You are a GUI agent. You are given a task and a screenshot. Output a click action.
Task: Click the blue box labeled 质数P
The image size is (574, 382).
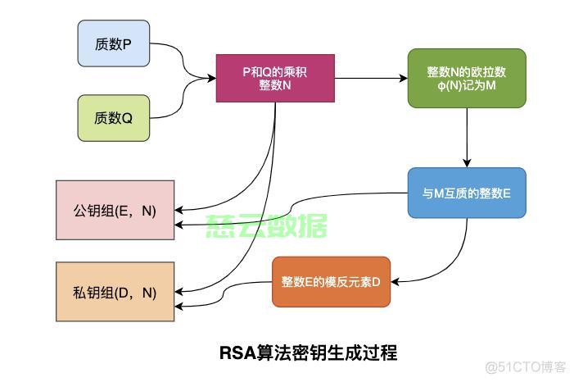(x=114, y=43)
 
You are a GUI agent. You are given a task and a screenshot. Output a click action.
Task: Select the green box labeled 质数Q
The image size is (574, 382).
(x=114, y=117)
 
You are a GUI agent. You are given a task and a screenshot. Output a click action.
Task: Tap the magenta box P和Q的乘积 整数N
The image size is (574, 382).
(x=275, y=79)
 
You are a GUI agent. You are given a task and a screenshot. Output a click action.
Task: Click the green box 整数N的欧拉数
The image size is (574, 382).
(x=466, y=79)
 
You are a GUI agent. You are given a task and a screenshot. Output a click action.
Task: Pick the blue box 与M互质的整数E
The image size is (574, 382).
(x=466, y=193)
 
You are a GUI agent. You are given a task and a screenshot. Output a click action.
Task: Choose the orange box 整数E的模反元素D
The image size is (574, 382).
(x=331, y=282)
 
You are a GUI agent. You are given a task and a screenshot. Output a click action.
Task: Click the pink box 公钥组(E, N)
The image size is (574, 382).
(x=115, y=211)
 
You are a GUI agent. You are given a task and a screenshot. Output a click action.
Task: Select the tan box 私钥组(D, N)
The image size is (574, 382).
(x=115, y=292)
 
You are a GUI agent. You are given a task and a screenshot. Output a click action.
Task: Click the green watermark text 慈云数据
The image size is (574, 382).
(x=267, y=225)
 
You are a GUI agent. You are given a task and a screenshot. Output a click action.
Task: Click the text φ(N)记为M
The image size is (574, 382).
(x=466, y=87)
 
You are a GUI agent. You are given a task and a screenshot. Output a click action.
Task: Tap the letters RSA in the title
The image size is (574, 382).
(x=237, y=352)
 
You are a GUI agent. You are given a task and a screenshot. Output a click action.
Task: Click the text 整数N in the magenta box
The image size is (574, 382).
(x=275, y=86)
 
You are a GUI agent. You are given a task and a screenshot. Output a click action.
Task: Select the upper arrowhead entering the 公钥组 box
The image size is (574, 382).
(x=179, y=209)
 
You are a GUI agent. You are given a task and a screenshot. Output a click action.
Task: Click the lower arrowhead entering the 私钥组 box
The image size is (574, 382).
(x=179, y=307)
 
